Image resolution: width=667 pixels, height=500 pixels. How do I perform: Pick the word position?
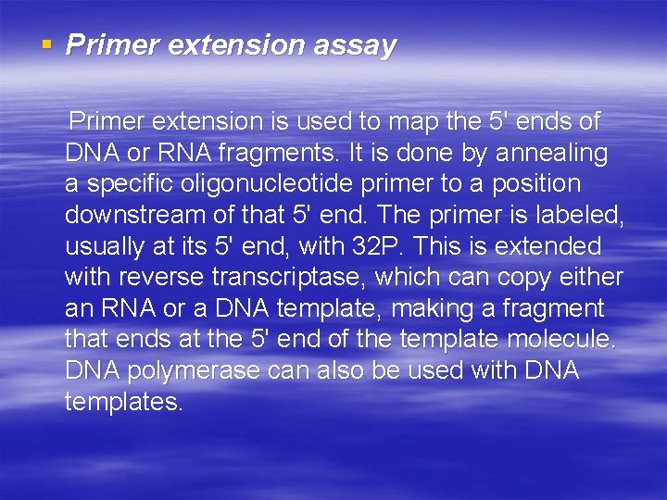click(538, 184)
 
